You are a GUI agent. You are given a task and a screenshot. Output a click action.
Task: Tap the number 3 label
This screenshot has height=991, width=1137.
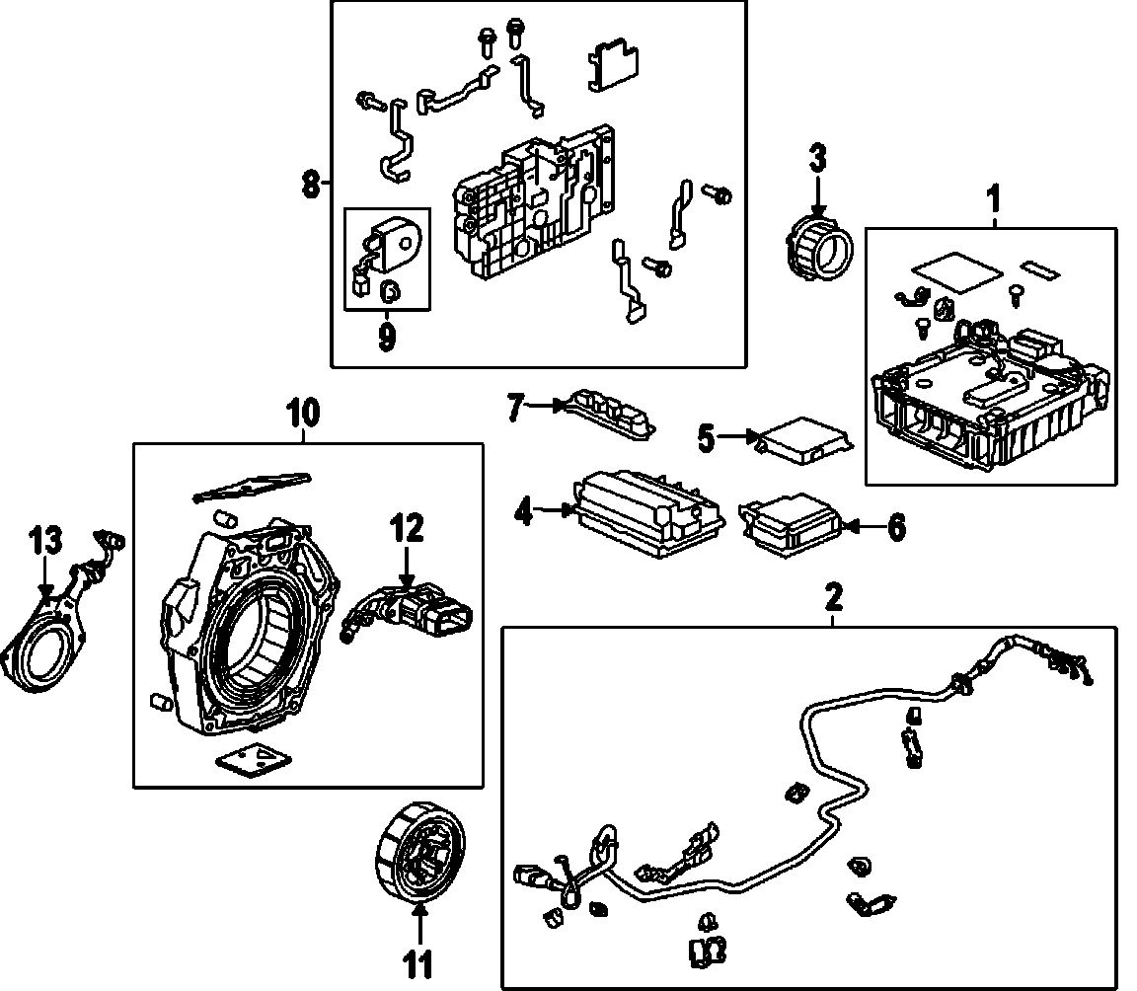[817, 157]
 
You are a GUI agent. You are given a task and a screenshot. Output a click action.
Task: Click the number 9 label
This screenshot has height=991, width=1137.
[386, 338]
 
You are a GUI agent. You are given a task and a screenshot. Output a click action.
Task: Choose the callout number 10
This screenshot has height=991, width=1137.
[303, 413]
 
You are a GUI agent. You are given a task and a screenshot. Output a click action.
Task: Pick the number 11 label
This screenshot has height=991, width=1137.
[419, 964]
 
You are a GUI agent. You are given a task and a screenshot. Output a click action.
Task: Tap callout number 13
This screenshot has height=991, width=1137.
[44, 541]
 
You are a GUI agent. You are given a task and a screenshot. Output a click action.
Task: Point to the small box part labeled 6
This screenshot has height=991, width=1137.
[789, 522]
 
